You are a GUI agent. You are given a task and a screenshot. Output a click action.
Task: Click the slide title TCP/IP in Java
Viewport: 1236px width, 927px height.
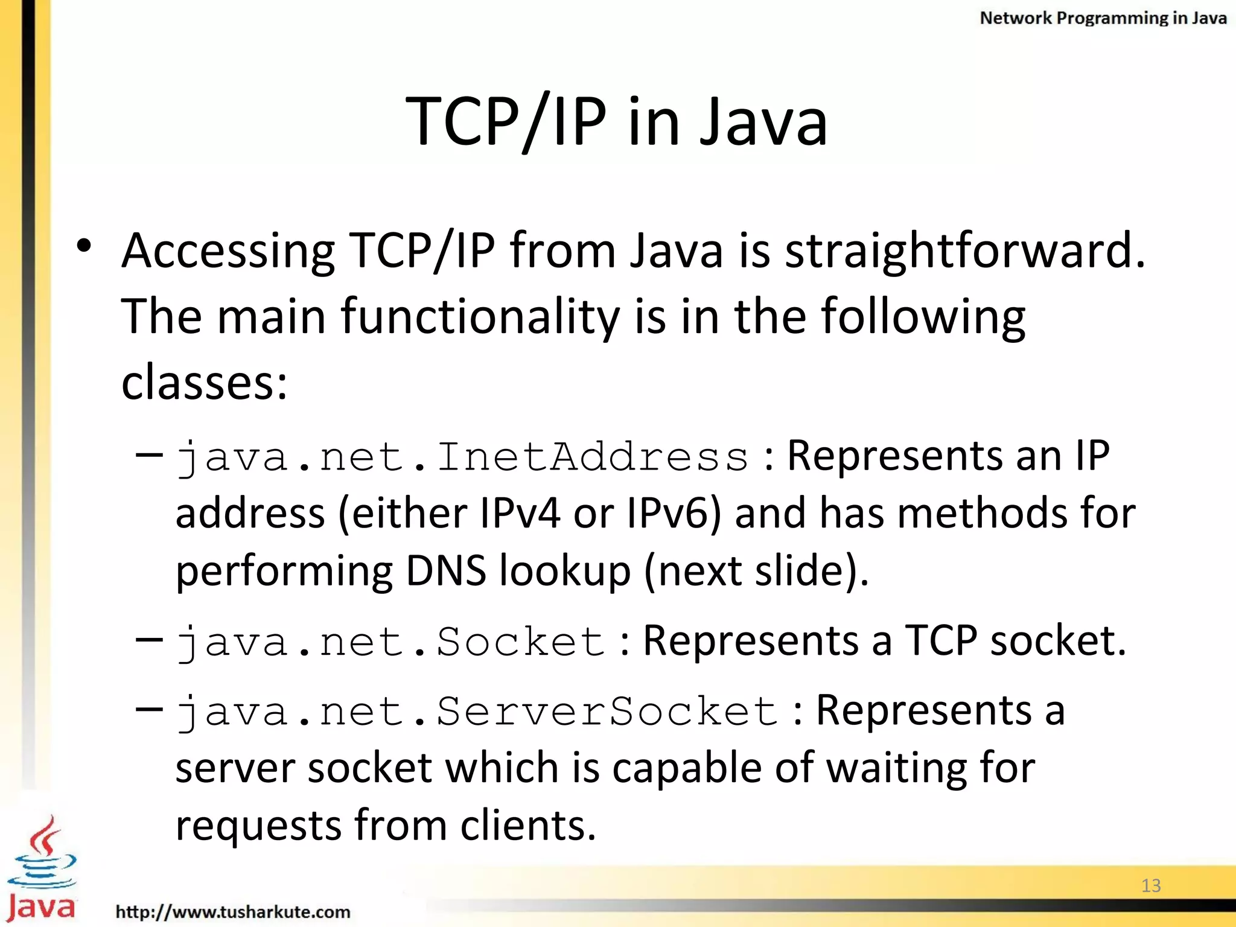617,123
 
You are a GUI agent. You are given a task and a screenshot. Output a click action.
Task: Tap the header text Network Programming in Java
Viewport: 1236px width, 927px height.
1103,18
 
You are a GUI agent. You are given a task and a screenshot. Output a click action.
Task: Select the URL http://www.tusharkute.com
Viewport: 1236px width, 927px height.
233,911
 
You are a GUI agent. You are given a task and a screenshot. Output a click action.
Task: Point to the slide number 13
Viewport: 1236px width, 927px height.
1151,885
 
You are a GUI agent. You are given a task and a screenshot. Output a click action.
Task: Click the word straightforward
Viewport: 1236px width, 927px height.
964,251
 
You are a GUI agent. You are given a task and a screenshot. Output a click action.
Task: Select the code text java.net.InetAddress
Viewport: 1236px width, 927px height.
462,457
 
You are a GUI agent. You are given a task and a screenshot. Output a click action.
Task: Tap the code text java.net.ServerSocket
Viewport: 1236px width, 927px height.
477,712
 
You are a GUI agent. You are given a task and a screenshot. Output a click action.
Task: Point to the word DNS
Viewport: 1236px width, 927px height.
445,571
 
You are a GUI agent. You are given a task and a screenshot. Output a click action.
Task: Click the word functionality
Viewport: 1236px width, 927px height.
480,318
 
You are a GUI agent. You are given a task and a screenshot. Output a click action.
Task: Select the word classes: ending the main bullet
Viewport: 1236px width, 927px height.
205,383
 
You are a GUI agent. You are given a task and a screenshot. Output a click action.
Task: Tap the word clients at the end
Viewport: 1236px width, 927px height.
528,826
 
